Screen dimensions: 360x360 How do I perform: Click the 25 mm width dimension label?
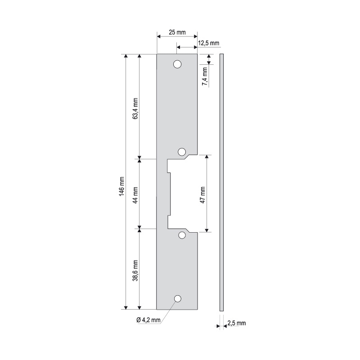(177, 32)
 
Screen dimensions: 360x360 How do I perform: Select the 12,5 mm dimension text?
(208, 43)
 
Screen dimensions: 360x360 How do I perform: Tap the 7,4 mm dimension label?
(205, 76)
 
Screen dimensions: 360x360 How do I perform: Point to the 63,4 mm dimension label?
(135, 108)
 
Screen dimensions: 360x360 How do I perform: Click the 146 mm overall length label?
(121, 186)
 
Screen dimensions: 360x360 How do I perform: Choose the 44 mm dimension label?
(135, 195)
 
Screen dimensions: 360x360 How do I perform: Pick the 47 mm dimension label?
(202, 195)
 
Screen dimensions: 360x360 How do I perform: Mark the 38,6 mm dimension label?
(135, 270)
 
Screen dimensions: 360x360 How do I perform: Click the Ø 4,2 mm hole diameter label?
(148, 320)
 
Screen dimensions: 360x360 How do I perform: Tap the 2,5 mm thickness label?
(237, 323)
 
